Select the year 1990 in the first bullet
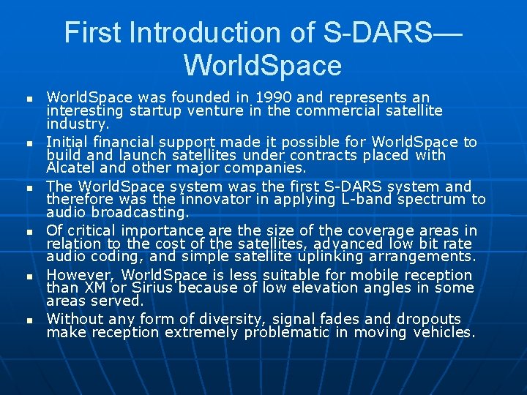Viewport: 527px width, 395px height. pyautogui.click(x=261, y=97)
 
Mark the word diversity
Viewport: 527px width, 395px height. pyautogui.click(x=233, y=319)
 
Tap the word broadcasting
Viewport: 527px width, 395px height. pyautogui.click(x=141, y=212)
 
